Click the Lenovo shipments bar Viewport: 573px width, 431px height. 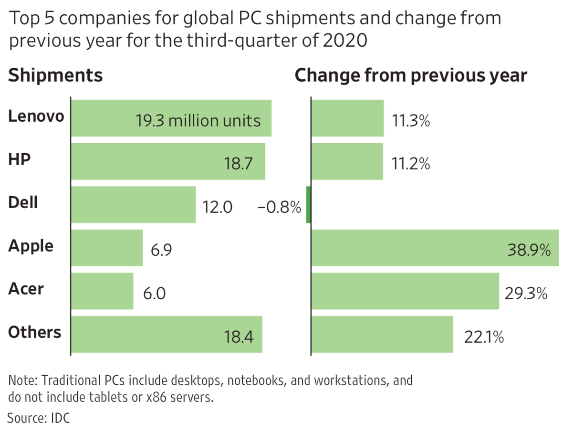point(171,118)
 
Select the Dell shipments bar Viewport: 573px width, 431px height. point(133,205)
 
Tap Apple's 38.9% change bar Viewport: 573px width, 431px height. point(434,248)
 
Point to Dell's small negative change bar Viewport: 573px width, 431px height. point(308,205)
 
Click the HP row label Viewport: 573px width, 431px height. point(20,159)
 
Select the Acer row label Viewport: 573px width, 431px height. point(26,289)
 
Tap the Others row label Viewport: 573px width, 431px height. point(35,332)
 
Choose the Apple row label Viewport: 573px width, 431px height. point(31,246)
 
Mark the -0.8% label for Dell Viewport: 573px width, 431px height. point(279,208)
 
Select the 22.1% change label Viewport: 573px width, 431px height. point(484,337)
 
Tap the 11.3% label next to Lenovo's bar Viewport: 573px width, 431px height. point(411,121)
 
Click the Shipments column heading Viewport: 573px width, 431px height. point(55,76)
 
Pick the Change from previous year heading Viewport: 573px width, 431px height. point(411,76)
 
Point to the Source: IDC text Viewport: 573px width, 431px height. point(39,419)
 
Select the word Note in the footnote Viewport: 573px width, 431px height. point(22,381)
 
